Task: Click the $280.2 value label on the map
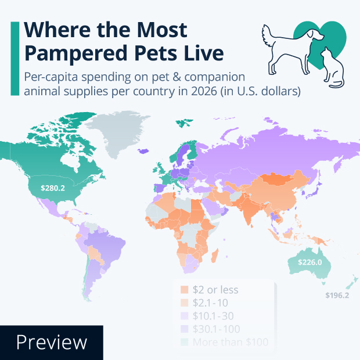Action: pos(52,188)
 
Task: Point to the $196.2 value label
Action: pos(337,295)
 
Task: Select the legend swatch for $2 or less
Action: pos(183,290)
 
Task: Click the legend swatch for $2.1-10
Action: pos(183,303)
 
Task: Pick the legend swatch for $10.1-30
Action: pos(183,316)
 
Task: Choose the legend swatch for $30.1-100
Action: pos(183,329)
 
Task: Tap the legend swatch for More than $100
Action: pos(183,342)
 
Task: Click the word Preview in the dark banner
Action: pos(51,343)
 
